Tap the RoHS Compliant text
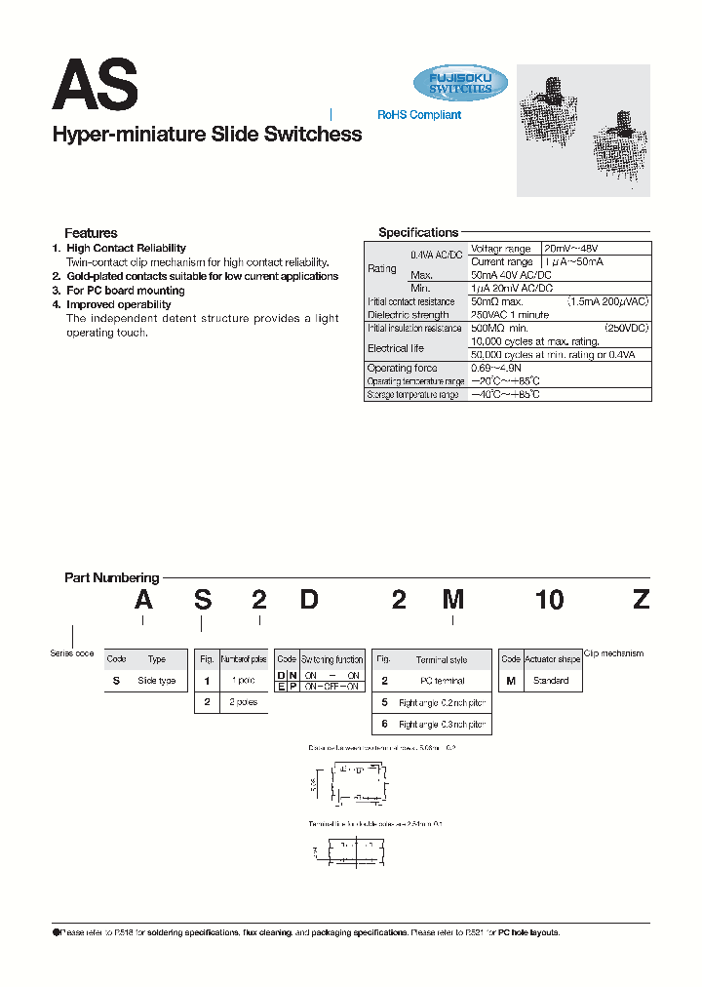[x=419, y=115]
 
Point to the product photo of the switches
[x=583, y=131]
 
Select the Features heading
[x=91, y=233]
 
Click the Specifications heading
[x=417, y=233]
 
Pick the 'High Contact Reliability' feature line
[x=126, y=249]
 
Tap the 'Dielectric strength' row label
[x=409, y=315]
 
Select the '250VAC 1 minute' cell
[x=510, y=315]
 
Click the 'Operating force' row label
[x=402, y=369]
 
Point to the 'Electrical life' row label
[x=395, y=348]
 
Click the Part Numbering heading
[x=111, y=578]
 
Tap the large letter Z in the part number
[x=640, y=600]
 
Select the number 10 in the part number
[x=549, y=600]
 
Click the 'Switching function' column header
[x=331, y=659]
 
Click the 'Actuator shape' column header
[x=552, y=659]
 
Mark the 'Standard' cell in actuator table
[x=551, y=681]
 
